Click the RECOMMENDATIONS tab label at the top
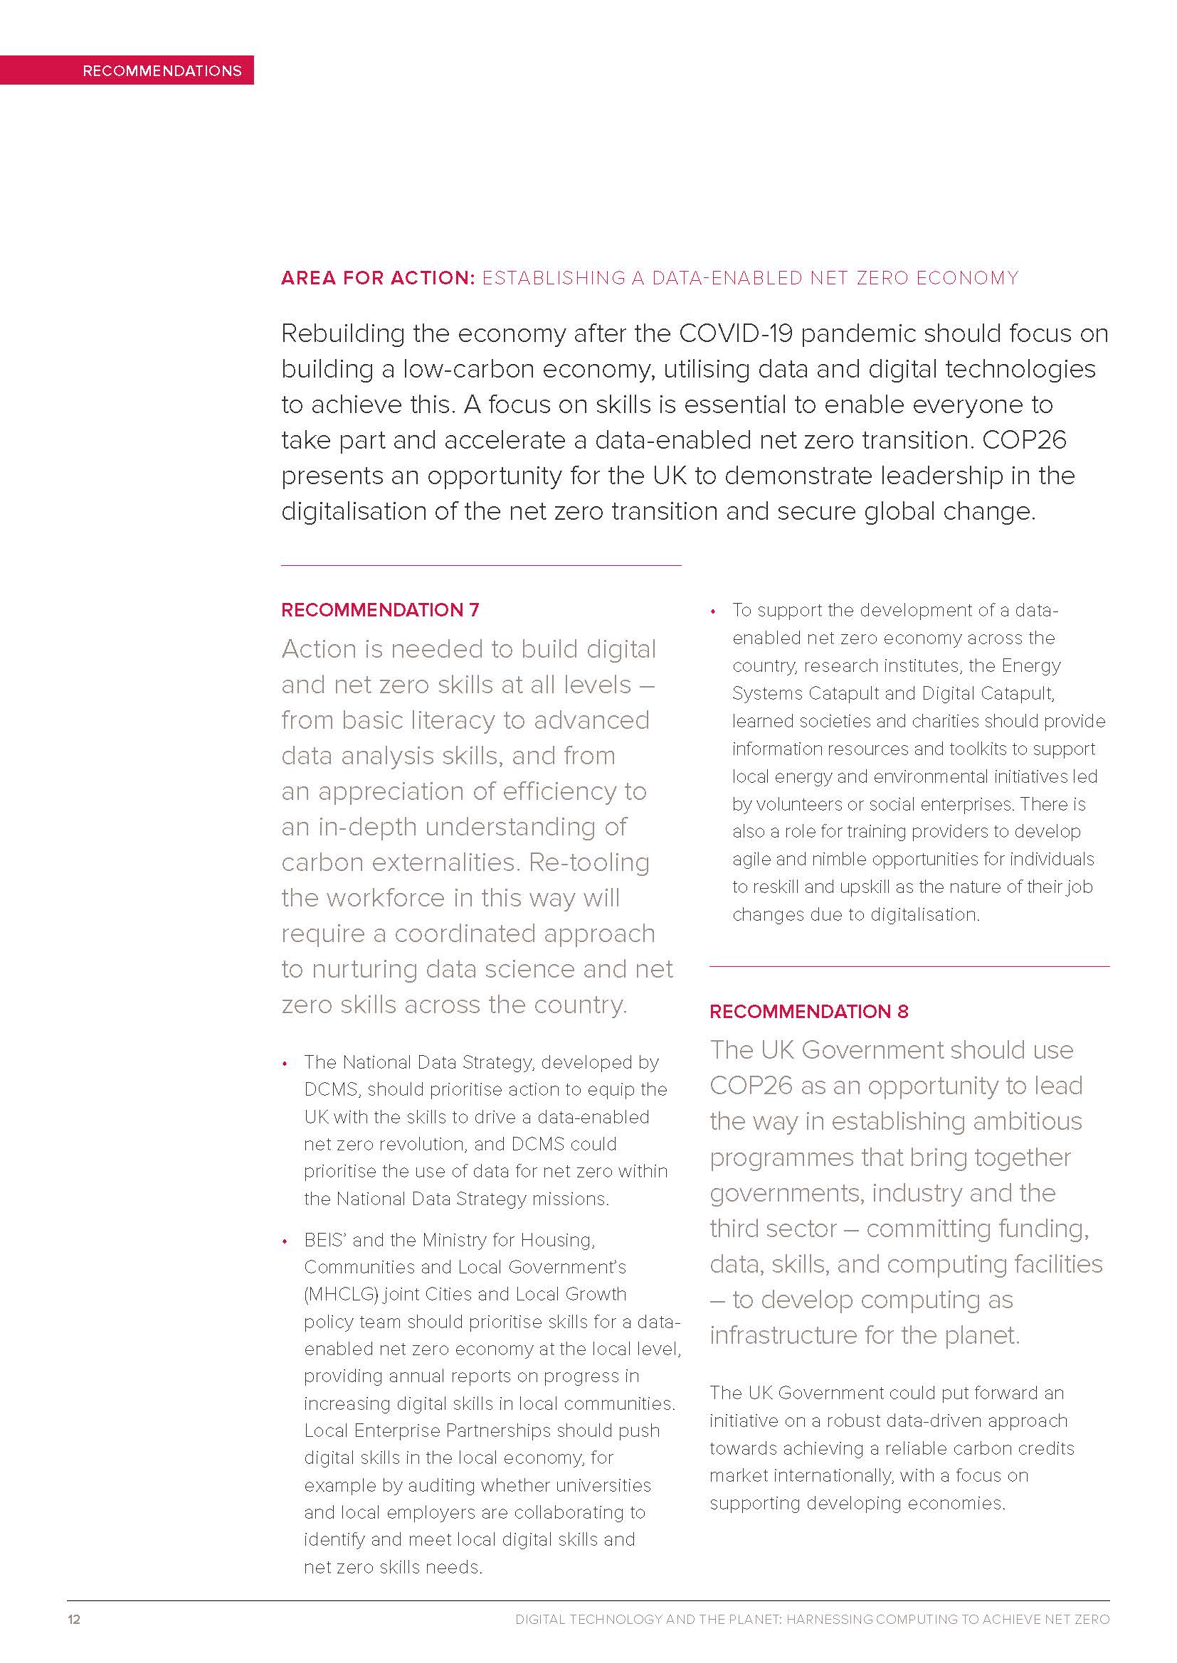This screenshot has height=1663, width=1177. pyautogui.click(x=162, y=71)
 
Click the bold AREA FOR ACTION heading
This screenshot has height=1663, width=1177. pyautogui.click(x=378, y=278)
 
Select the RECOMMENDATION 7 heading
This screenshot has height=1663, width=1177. pyautogui.click(x=380, y=610)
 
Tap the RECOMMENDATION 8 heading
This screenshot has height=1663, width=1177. pyautogui.click(x=809, y=1011)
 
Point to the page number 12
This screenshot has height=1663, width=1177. pyautogui.click(x=74, y=1619)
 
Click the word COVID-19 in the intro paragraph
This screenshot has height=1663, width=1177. pyautogui.click(x=736, y=333)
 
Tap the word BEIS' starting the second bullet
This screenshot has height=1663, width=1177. pyautogui.click(x=325, y=1240)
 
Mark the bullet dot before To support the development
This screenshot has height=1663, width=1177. pyautogui.click(x=714, y=612)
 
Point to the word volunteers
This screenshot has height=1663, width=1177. pyautogui.click(x=803, y=804)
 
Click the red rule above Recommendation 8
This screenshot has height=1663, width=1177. pyautogui.click(x=909, y=966)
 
